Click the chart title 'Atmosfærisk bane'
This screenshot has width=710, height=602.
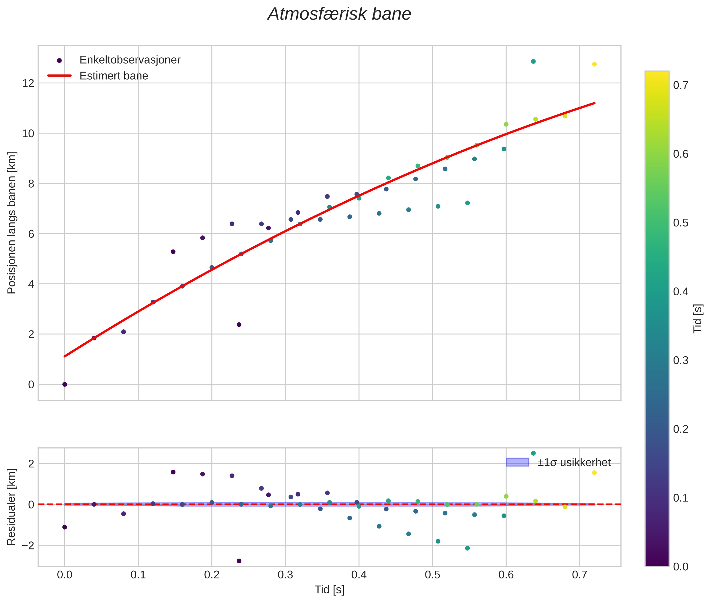click(x=339, y=14)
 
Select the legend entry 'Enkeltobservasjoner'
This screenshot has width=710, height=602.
click(x=130, y=60)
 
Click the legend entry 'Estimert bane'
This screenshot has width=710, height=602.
click(x=114, y=76)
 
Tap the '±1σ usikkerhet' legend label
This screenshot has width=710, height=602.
click(x=574, y=462)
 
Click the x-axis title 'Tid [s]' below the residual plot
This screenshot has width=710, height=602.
click(x=329, y=589)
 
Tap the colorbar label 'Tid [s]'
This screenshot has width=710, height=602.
click(x=698, y=318)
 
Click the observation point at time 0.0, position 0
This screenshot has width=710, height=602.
click(x=65, y=384)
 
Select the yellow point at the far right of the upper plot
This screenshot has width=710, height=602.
click(x=594, y=64)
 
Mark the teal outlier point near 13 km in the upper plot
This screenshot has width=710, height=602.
click(x=533, y=61)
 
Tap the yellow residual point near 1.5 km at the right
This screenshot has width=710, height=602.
click(x=594, y=473)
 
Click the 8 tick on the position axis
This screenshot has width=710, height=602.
click(x=31, y=184)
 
